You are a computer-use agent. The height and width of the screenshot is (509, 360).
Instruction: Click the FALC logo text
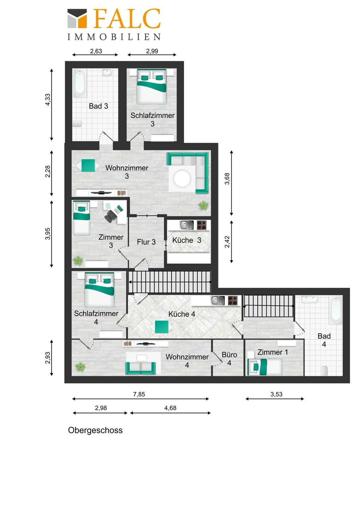coord(127,19)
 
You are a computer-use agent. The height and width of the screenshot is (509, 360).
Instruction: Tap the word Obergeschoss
coord(95,430)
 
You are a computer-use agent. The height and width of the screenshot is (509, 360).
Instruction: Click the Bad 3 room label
coord(98,106)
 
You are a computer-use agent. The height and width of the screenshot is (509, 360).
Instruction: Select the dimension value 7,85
coord(139,394)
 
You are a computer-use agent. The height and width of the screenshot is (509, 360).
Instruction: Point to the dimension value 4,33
coord(48,99)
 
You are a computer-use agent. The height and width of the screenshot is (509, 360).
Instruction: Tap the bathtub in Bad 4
coord(336,310)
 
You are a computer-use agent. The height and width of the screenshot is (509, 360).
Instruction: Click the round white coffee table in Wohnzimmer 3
coord(182,179)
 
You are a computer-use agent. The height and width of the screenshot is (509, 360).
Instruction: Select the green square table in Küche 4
coord(162,327)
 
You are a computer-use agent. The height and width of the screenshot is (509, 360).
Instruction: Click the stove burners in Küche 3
coord(202,225)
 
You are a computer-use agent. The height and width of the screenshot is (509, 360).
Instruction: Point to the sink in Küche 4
coord(218,300)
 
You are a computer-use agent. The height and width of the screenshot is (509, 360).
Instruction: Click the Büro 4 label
coord(229,359)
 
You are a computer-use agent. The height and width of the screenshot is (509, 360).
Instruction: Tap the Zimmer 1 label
coord(272,352)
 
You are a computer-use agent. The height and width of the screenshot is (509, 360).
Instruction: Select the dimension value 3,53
coord(276,394)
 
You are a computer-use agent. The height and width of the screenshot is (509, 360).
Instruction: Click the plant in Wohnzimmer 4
coord(80,367)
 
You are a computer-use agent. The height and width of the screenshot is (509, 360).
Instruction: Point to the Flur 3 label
coord(146,242)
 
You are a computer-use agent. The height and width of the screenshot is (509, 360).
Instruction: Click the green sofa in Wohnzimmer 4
coord(140,368)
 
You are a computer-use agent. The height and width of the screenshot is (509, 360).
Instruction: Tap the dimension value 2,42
coord(227,242)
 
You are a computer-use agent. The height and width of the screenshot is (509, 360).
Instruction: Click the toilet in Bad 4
coord(324,370)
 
